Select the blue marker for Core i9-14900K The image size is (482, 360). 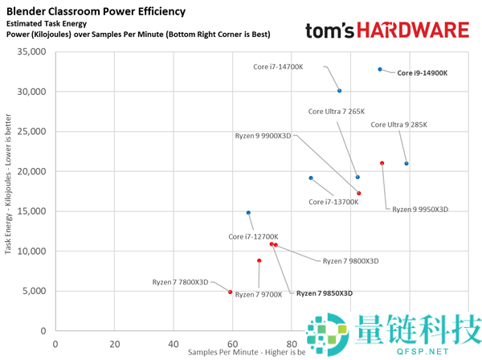[x=380, y=69]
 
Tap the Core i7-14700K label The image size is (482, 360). [x=278, y=67]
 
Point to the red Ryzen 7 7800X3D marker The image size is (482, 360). [x=230, y=292]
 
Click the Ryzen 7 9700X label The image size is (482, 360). [x=259, y=295]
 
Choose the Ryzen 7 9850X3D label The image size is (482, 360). [x=324, y=294]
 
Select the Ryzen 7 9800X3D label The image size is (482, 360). [x=350, y=261]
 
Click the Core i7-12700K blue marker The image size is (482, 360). [x=248, y=213]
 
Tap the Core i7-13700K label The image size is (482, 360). [x=333, y=202]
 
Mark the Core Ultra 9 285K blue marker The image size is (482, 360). [x=406, y=163]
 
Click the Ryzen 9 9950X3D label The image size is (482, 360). [x=419, y=209]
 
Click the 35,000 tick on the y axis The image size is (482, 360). [x=31, y=52]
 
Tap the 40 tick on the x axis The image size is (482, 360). [x=173, y=343]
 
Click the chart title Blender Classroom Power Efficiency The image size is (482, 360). [x=96, y=12]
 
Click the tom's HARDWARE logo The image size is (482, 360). [x=386, y=31]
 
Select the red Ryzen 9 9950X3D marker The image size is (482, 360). [x=382, y=163]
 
